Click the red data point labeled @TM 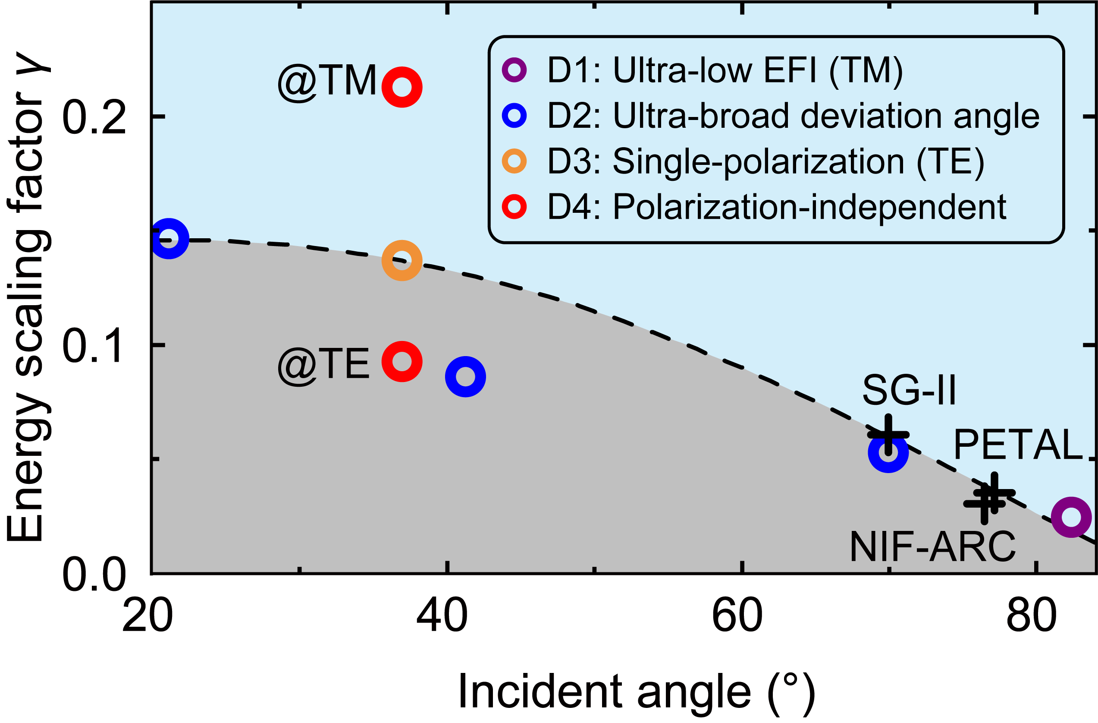(x=402, y=87)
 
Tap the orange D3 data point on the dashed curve (x=402, y=260)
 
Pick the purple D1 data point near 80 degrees (x=1071, y=517)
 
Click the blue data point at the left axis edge (x=169, y=239)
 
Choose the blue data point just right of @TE (x=465, y=376)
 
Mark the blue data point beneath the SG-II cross (x=888, y=452)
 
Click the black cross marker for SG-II (x=888, y=434)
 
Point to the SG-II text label (x=909, y=391)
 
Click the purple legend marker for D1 (x=514, y=70)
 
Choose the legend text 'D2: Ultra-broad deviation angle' (x=793, y=116)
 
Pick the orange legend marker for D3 (x=514, y=161)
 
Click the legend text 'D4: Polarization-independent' (x=777, y=207)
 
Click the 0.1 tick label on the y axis (x=94, y=346)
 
